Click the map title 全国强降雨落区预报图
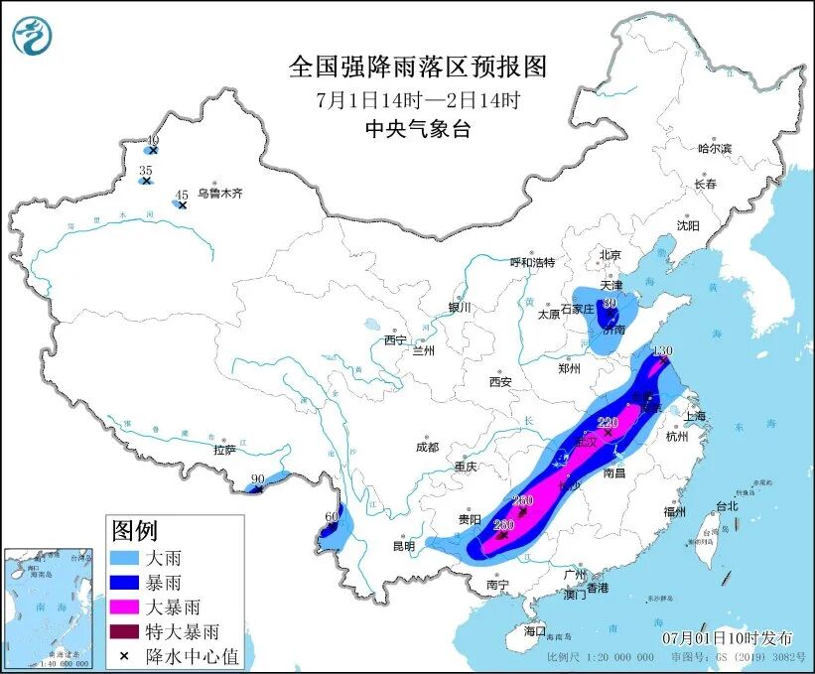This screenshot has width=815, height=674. (417, 67)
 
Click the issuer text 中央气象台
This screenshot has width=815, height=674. (417, 128)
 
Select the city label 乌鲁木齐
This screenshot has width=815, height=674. (218, 195)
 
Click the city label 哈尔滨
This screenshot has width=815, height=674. (714, 148)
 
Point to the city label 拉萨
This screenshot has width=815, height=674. (224, 450)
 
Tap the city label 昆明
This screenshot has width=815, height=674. (402, 546)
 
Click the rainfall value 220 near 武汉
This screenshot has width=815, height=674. (608, 422)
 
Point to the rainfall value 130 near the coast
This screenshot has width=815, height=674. (663, 350)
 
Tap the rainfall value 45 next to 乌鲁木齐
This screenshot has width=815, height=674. (181, 195)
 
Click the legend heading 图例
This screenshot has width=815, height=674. (134, 530)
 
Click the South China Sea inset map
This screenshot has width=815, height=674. (49, 607)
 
